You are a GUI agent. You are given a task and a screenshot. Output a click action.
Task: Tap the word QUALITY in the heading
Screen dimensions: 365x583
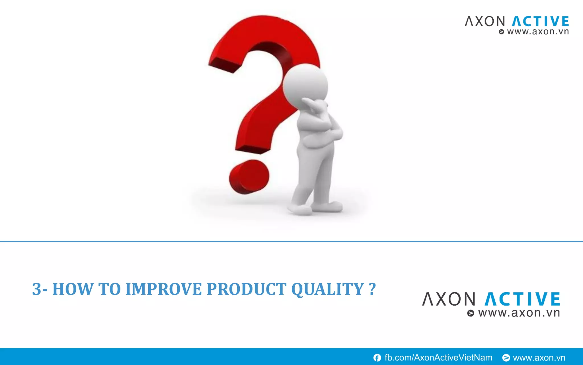[x=327, y=289]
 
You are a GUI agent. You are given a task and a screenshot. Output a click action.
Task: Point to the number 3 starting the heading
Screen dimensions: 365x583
[x=36, y=289]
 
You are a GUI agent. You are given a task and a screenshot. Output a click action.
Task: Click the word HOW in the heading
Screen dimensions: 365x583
[x=73, y=289]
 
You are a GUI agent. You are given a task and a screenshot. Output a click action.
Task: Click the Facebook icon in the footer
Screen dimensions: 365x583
[x=377, y=358]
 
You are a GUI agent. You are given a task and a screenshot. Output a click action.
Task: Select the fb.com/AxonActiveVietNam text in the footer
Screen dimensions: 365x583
[x=438, y=358]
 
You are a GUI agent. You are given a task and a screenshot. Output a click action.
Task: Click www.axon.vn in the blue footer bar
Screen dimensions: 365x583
[x=539, y=358]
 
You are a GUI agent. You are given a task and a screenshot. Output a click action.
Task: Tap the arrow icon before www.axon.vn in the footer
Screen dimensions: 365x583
[x=506, y=358]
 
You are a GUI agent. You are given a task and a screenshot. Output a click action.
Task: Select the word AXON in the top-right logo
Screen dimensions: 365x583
[x=485, y=21]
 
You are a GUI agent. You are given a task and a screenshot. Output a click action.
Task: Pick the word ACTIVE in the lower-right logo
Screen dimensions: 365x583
[x=522, y=299]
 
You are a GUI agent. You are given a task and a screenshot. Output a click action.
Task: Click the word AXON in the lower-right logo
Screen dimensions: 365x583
[x=449, y=299]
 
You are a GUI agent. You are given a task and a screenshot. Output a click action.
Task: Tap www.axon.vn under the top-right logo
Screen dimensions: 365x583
[x=538, y=32]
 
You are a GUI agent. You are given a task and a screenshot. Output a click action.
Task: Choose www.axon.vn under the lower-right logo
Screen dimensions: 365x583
[x=519, y=313]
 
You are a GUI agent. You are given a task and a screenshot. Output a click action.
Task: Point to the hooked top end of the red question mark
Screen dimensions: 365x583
[x=225, y=64]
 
